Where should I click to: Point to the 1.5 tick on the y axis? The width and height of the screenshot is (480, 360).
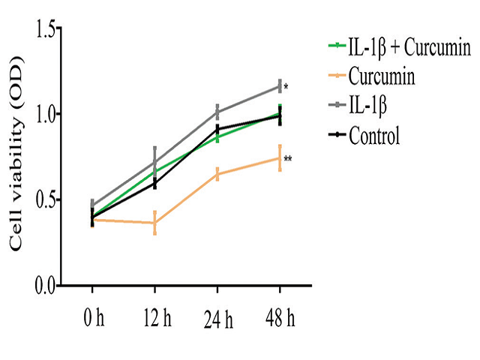[x=46, y=28]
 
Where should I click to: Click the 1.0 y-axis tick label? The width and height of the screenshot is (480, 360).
[x=46, y=114]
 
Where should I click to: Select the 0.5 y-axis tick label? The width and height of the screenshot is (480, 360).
[x=46, y=200]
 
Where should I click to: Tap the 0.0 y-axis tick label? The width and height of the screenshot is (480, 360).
[x=46, y=286]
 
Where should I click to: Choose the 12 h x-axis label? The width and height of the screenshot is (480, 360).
[x=154, y=318]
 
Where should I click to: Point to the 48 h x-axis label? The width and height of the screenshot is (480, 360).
[x=280, y=318]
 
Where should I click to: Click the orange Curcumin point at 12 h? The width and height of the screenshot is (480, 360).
[x=154, y=223]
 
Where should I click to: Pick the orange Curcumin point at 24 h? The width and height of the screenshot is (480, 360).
[x=217, y=174]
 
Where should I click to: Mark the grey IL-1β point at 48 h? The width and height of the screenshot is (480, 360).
[x=280, y=86]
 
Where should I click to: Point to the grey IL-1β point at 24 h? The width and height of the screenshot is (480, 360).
[x=217, y=112]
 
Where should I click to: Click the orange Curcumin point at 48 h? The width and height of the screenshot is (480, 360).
[x=280, y=157]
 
